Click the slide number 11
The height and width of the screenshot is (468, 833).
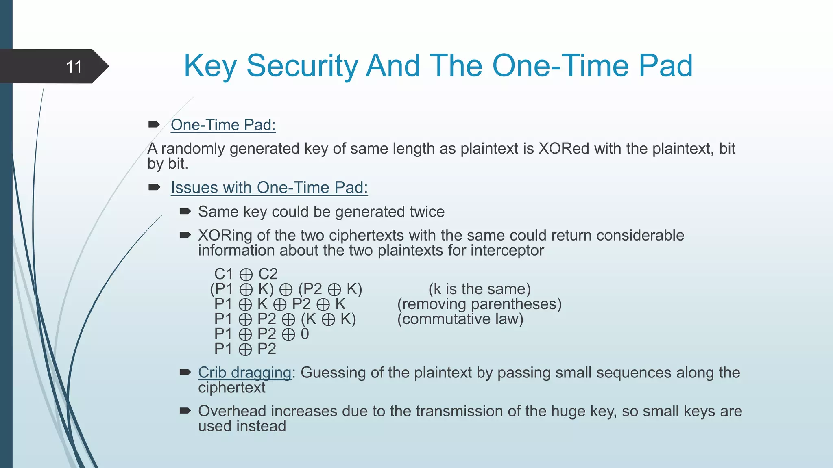pyautogui.click(x=74, y=67)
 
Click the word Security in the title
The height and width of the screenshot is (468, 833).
pyautogui.click(x=302, y=66)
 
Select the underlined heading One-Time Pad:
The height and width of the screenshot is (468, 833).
pyautogui.click(x=223, y=125)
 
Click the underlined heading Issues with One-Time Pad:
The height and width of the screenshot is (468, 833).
pyautogui.click(x=269, y=188)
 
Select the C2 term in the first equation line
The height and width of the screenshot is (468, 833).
pyautogui.click(x=268, y=274)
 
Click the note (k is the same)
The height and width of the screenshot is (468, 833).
pyautogui.click(x=480, y=289)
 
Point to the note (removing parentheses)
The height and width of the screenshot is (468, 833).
pyautogui.click(x=479, y=304)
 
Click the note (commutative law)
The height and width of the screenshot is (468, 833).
pyautogui.click(x=460, y=319)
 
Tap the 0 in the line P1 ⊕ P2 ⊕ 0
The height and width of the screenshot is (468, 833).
pyautogui.click(x=305, y=334)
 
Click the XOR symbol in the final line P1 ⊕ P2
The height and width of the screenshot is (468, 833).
pyautogui.click(x=245, y=349)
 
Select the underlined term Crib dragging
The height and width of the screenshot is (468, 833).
pyautogui.click(x=244, y=373)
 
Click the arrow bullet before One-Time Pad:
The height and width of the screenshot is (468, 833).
pyautogui.click(x=154, y=125)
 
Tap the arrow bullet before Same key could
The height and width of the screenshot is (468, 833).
pyautogui.click(x=185, y=211)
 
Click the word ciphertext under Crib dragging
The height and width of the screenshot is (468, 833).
pyautogui.click(x=231, y=388)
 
